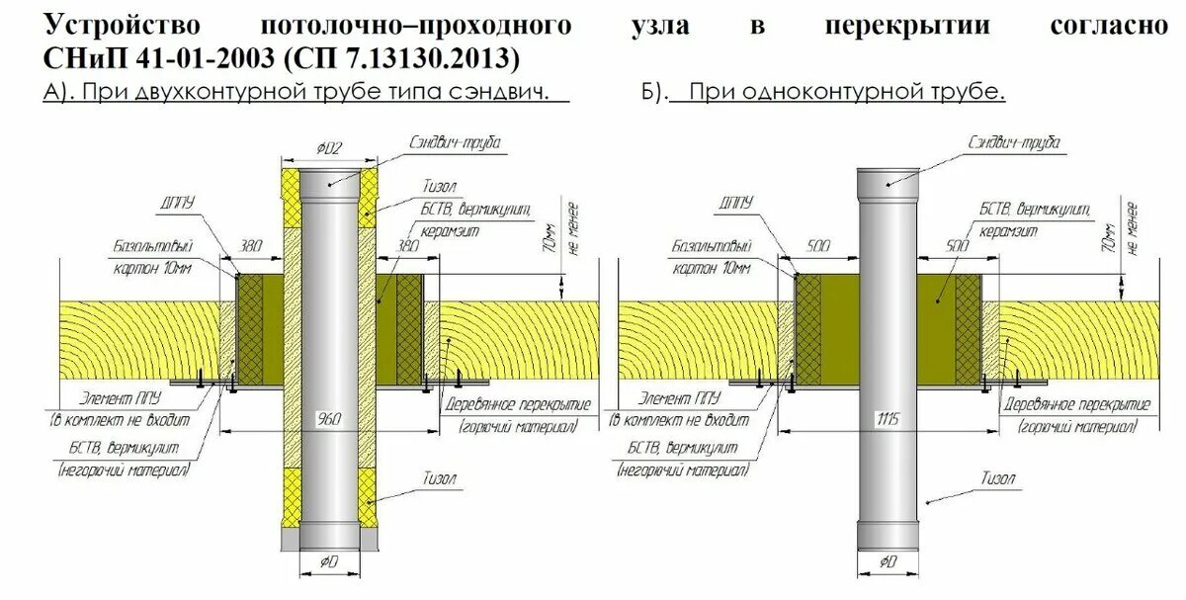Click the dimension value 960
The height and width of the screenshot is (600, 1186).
pos(329,420)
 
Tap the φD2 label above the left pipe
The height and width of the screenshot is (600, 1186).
pos(329,149)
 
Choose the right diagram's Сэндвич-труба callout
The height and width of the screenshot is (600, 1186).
pos(1012,143)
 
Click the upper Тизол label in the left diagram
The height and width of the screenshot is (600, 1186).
pos(447,186)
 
